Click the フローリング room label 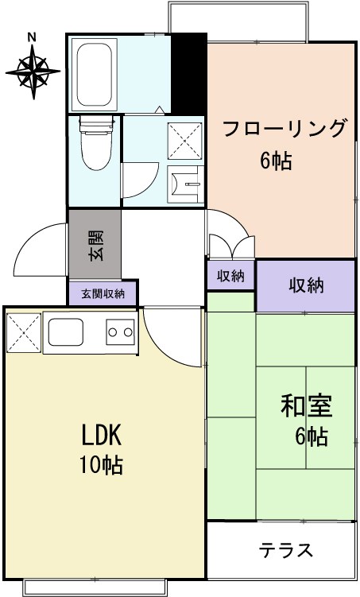pos(284,130)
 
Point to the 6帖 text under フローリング pos(276,161)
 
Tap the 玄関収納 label pos(103,293)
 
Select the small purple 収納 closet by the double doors pos(230,276)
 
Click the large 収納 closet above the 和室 pos(305,285)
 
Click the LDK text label pos(101,435)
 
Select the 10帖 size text pos(101,465)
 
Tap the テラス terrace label pos(286,550)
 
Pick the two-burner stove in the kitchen pos(120,331)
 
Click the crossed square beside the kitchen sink pos(23,331)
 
